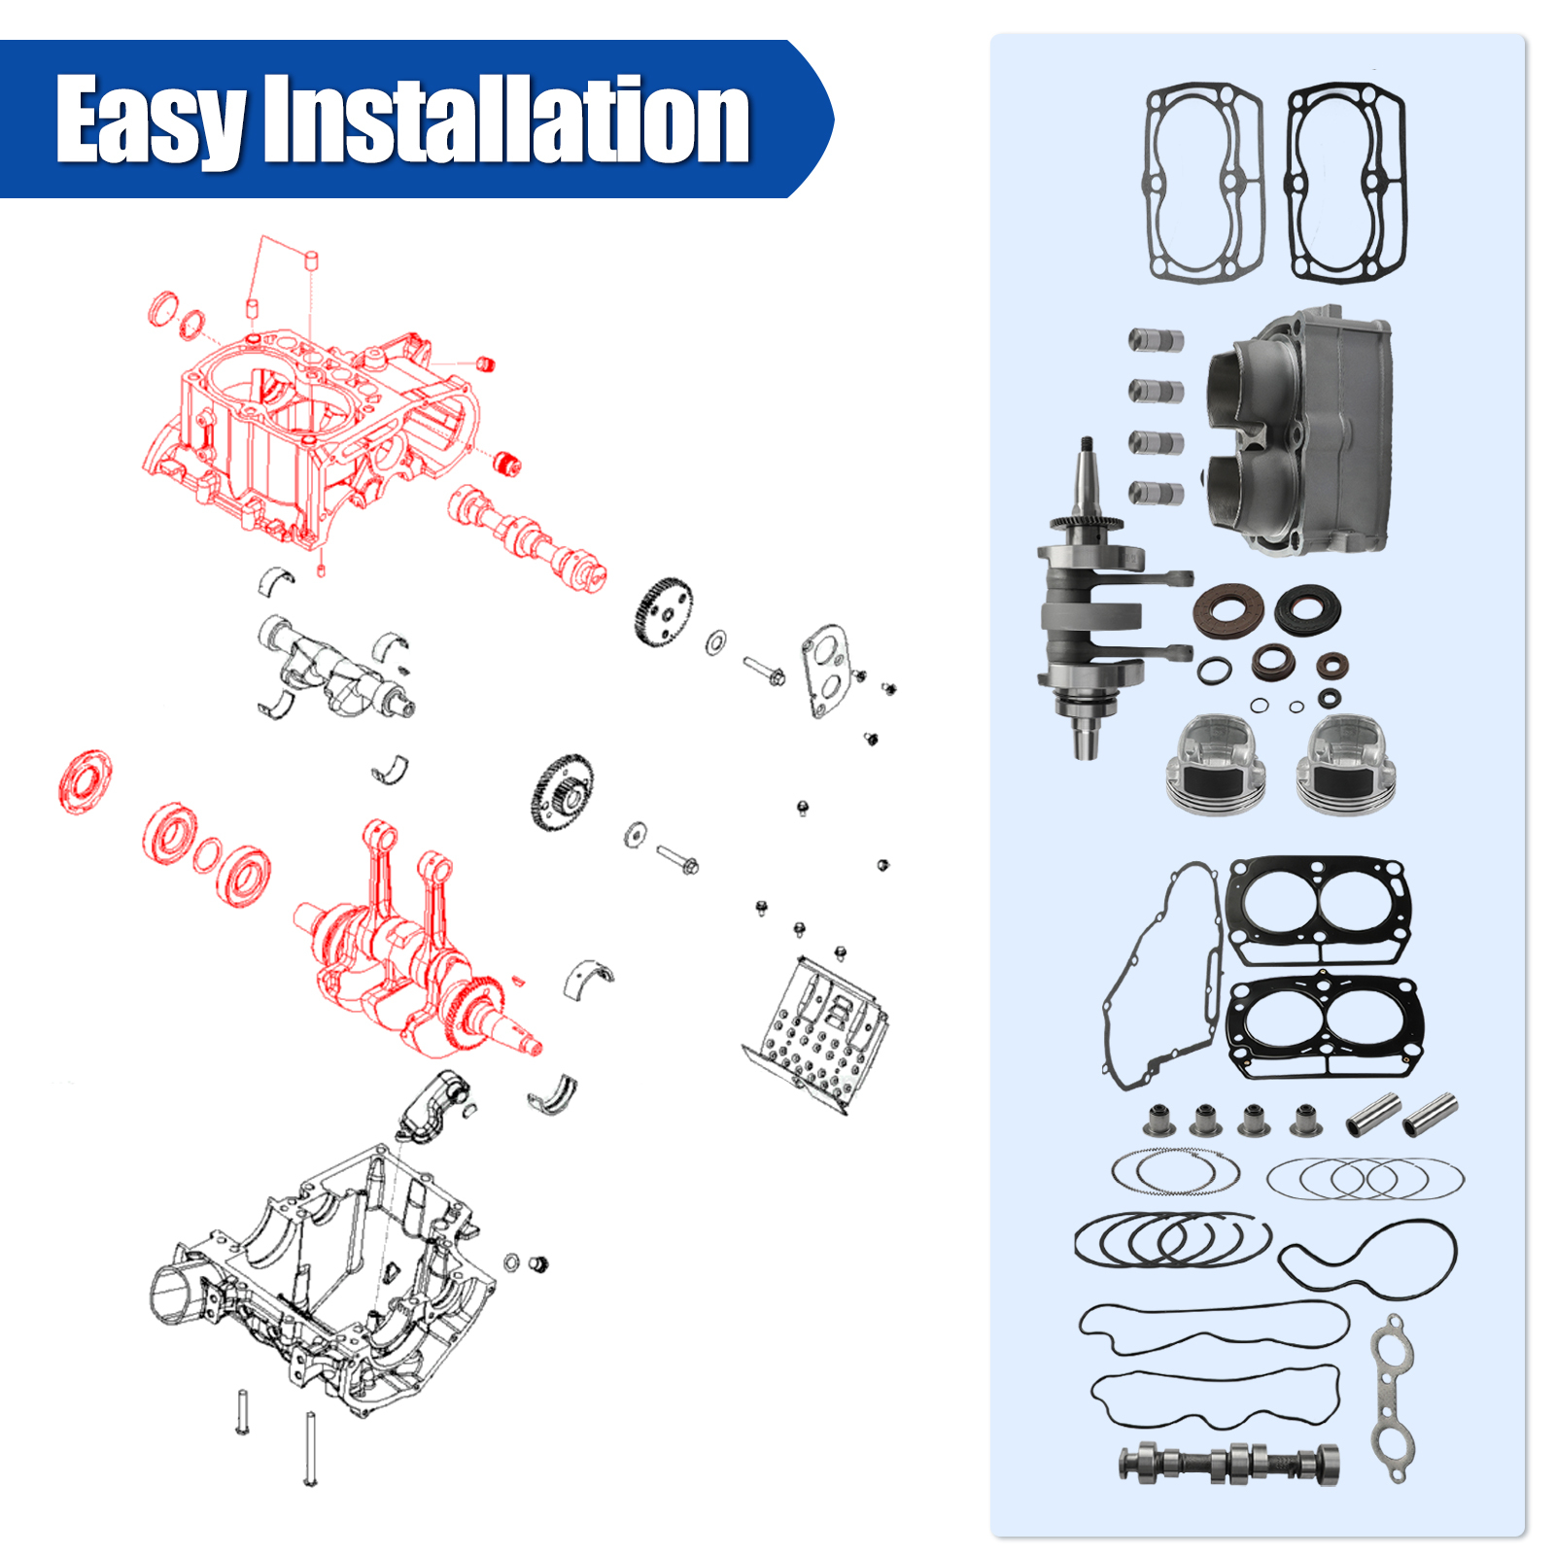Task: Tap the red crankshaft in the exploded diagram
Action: click(x=408, y=972)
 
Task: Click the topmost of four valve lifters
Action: click(x=1156, y=340)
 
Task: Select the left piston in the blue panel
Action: click(x=1216, y=763)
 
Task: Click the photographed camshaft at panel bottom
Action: click(x=1229, y=1463)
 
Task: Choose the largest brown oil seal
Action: click(x=1228, y=611)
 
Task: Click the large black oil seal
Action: click(x=1307, y=609)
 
